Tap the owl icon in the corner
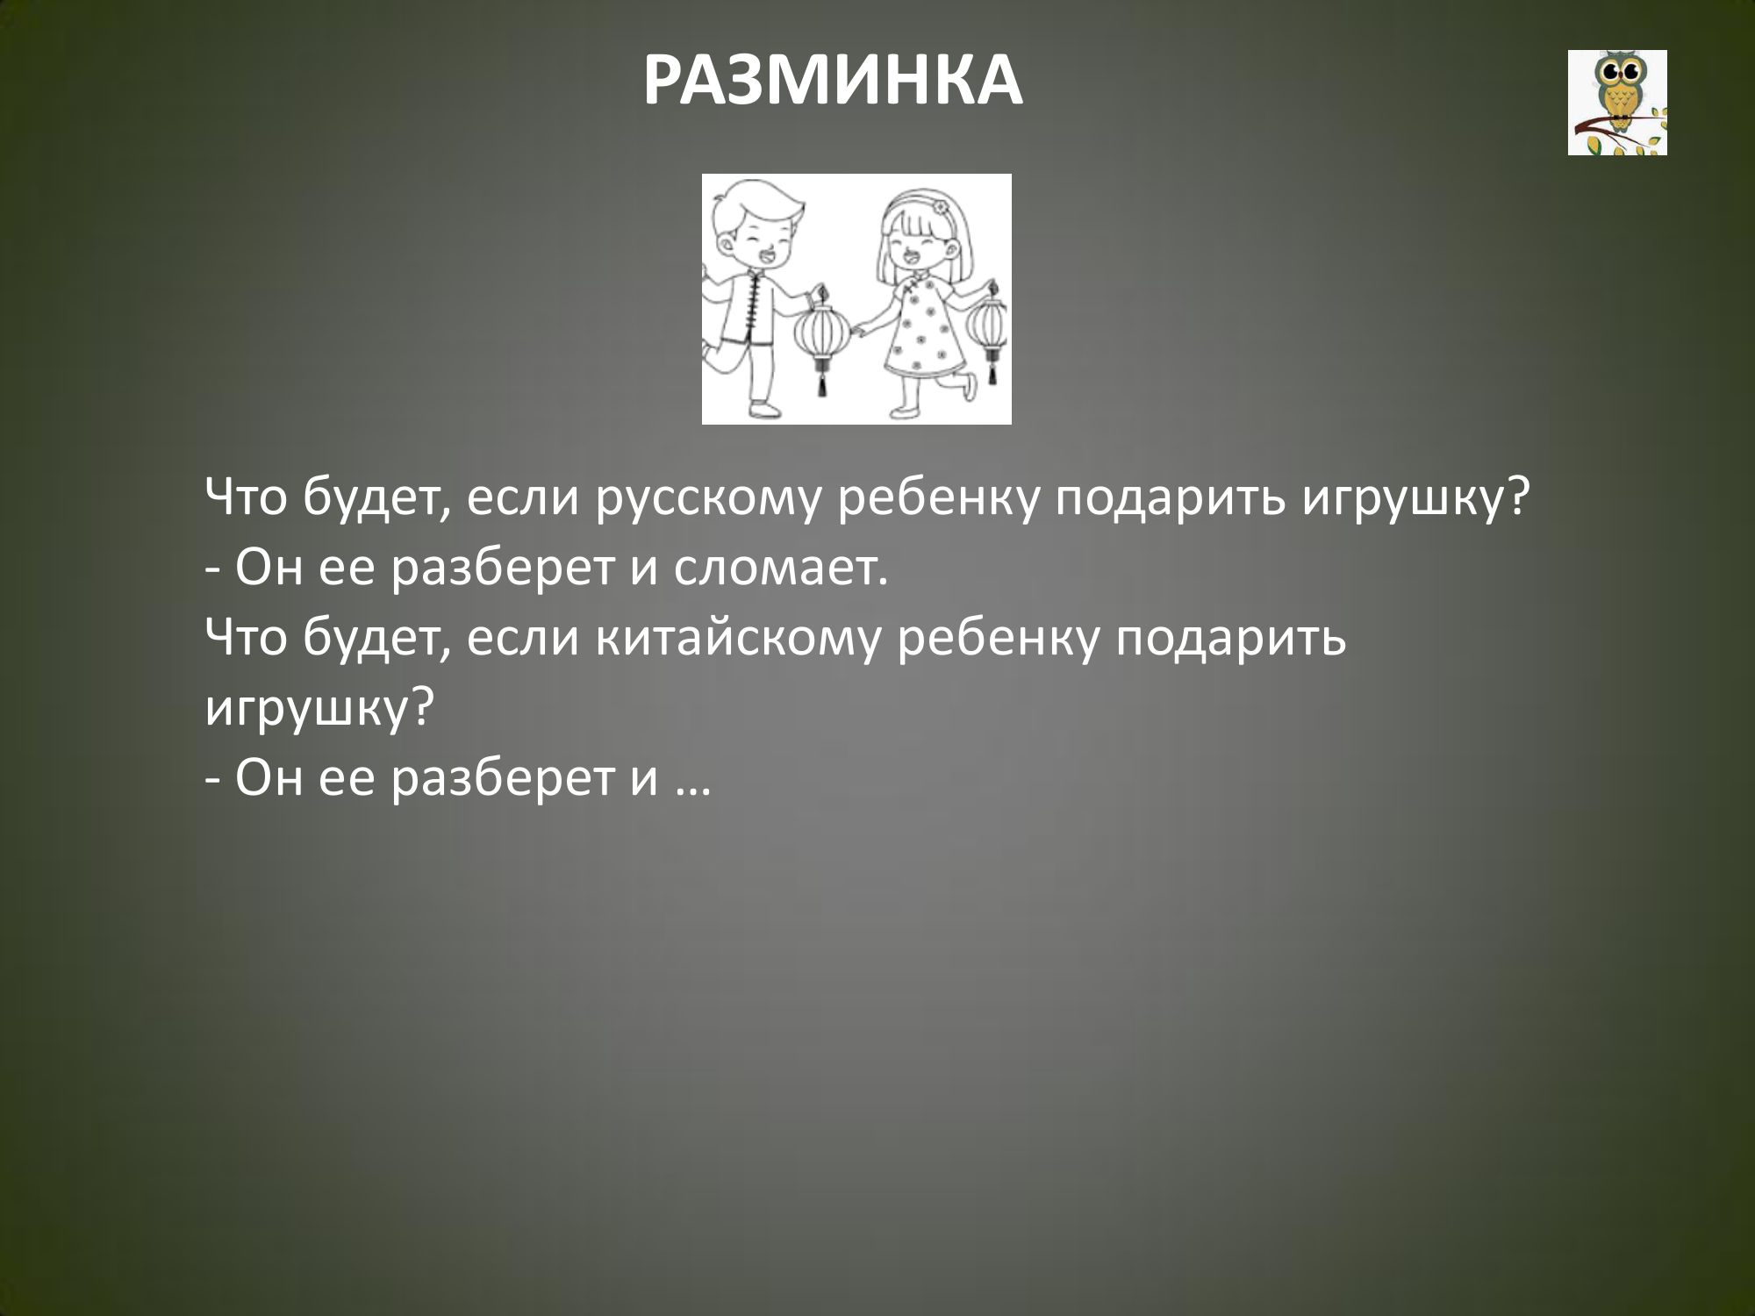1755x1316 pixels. click(x=1617, y=103)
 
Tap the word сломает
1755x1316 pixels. click(x=777, y=571)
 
